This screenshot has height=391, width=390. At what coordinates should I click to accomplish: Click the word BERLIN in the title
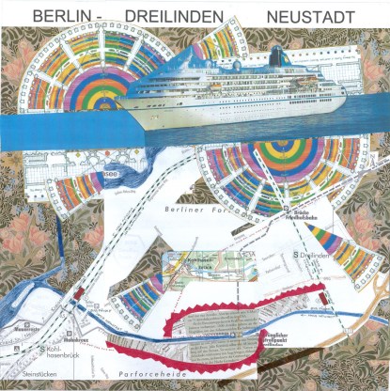pyautogui.click(x=62, y=17)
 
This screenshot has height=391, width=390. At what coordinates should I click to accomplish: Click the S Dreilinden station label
pyautogui.click(x=315, y=256)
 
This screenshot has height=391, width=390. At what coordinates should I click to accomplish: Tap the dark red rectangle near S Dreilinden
pyautogui.click(x=323, y=299)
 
